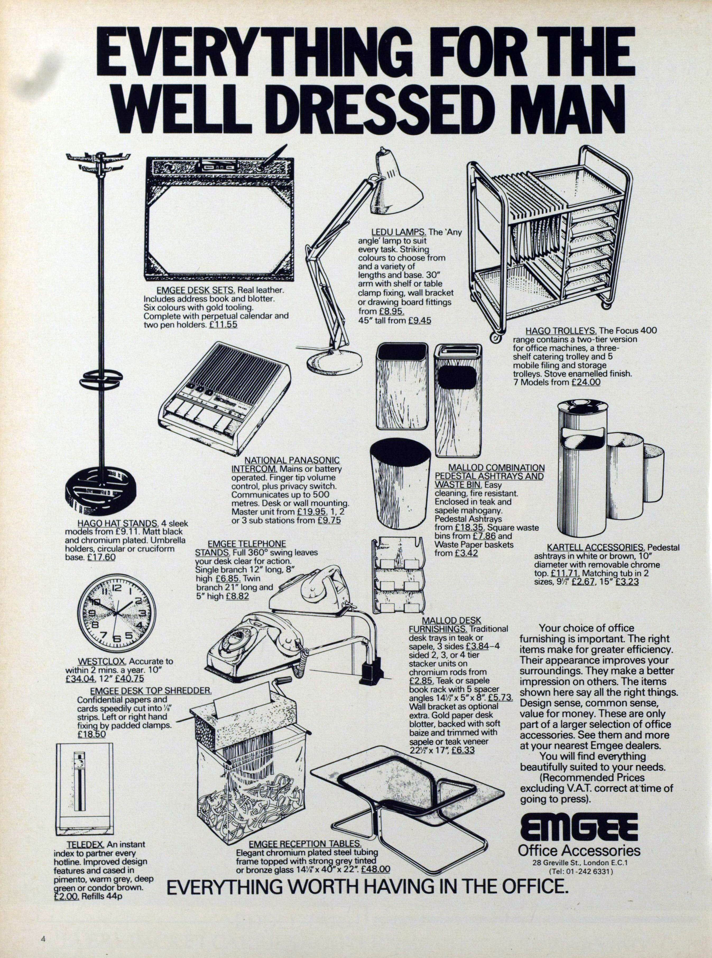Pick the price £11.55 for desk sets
pyautogui.click(x=223, y=325)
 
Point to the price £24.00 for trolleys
pyautogui.click(x=586, y=382)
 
